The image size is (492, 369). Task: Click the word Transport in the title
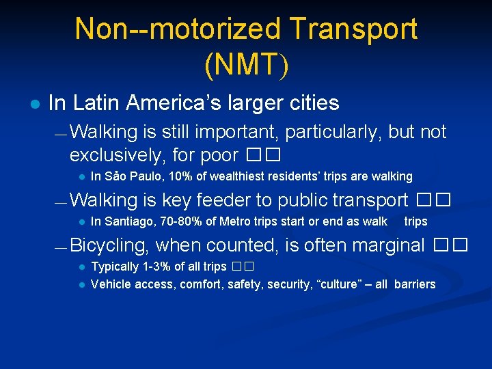coord(353,30)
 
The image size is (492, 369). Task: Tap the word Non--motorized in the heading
coord(178,30)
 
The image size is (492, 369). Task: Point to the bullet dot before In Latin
coord(34,104)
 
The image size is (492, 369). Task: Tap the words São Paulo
coord(127,176)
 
